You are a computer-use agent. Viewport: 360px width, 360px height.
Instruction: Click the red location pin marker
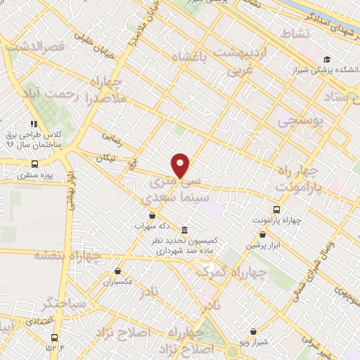tap(181, 166)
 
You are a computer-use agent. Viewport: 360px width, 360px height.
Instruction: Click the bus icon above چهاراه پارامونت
tap(276, 209)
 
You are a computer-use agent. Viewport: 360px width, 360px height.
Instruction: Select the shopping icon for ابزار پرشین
tap(262, 235)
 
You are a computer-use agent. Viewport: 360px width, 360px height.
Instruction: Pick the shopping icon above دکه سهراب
tap(152, 216)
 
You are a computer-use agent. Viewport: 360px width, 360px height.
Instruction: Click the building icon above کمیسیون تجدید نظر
tap(184, 231)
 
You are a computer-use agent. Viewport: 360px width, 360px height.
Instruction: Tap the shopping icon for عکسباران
tap(117, 271)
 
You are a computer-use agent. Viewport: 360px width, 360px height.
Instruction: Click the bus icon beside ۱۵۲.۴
tap(55, 337)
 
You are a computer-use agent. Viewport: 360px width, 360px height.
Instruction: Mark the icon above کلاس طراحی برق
tap(34, 124)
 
